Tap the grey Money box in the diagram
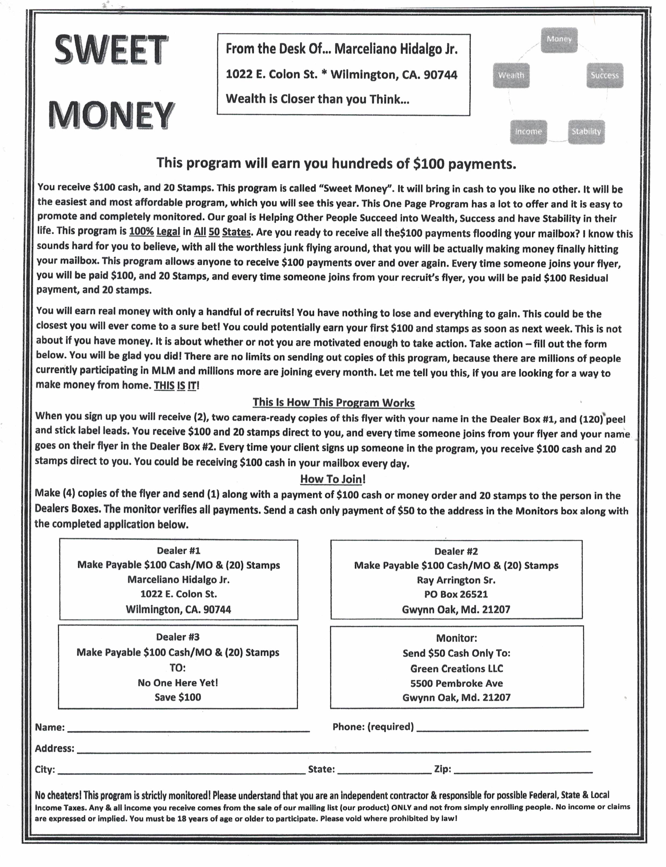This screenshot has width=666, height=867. pyautogui.click(x=559, y=40)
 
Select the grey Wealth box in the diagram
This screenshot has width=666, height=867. pyautogui.click(x=511, y=75)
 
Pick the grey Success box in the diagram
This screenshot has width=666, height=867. pyautogui.click(x=604, y=75)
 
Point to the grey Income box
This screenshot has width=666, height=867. pyautogui.click(x=528, y=132)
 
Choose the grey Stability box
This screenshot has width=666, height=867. pyautogui.click(x=586, y=132)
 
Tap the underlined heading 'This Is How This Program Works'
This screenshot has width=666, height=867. pyautogui.click(x=333, y=402)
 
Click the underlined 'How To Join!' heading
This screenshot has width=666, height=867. pyautogui.click(x=333, y=479)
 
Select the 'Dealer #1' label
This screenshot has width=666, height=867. pyautogui.click(x=178, y=550)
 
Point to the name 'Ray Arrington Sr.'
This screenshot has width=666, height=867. pyautogui.click(x=456, y=580)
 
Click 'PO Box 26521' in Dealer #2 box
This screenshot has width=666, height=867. pyautogui.click(x=456, y=594)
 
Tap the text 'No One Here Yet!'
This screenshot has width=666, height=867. pyautogui.click(x=178, y=683)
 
